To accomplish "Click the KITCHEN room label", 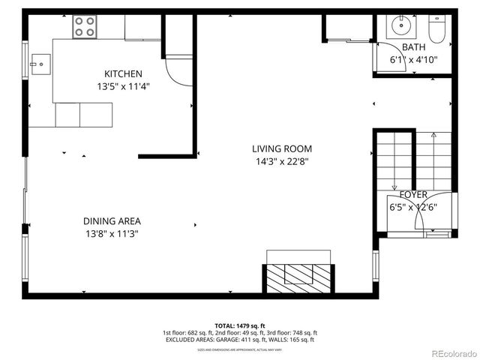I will pyautogui.click(x=123, y=73).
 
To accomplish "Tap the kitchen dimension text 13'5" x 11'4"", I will pyautogui.click(x=123, y=85).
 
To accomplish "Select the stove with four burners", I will pyautogui.click(x=85, y=28).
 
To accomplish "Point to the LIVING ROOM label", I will pyautogui.click(x=281, y=148).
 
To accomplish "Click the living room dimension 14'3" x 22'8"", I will pyautogui.click(x=281, y=160).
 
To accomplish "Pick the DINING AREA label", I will pyautogui.click(x=112, y=221).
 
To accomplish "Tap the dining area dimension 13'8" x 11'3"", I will pyautogui.click(x=112, y=233).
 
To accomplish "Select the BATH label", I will pyautogui.click(x=413, y=47).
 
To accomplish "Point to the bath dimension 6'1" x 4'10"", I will pyautogui.click(x=413, y=59).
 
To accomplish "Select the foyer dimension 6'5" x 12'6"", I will pyautogui.click(x=412, y=207).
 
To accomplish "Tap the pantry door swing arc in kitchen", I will pyautogui.click(x=178, y=72).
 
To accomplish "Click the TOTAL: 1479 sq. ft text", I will pyautogui.click(x=240, y=325).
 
